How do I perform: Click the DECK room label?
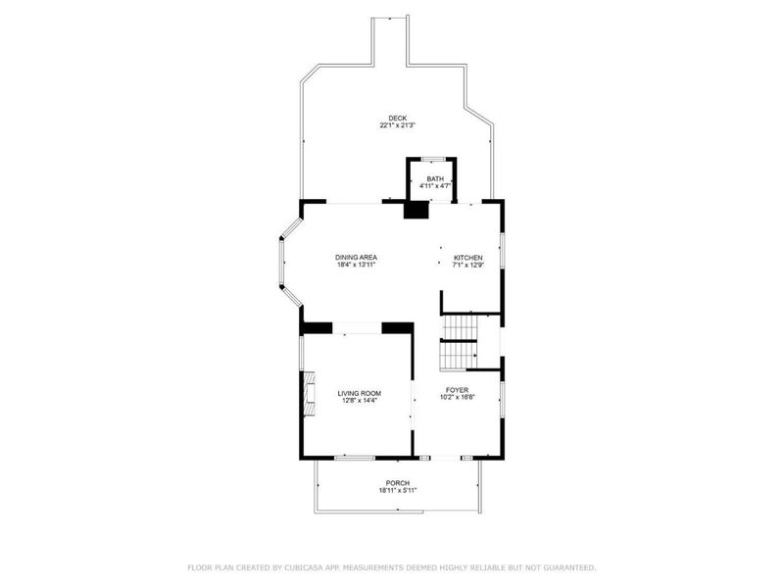pyautogui.click(x=398, y=119)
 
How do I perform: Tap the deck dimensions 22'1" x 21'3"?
pyautogui.click(x=398, y=125)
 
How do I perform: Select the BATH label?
pyautogui.click(x=435, y=179)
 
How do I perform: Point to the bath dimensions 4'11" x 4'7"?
pyautogui.click(x=435, y=186)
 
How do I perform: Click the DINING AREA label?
pyautogui.click(x=356, y=258)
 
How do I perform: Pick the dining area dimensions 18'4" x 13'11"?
pyautogui.click(x=356, y=265)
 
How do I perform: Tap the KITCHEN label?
pyautogui.click(x=468, y=258)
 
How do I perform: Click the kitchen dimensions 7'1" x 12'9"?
pyautogui.click(x=468, y=265)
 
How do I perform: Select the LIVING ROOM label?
pyautogui.click(x=359, y=394)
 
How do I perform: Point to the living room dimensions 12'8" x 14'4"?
pyautogui.click(x=359, y=400)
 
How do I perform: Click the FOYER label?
pyautogui.click(x=457, y=390)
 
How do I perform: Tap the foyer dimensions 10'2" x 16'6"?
pyautogui.click(x=457, y=397)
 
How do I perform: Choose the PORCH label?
pyautogui.click(x=398, y=483)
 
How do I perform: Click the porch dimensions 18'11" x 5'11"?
pyautogui.click(x=398, y=491)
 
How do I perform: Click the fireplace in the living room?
pyautogui.click(x=309, y=393)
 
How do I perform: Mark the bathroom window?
pyautogui.click(x=433, y=160)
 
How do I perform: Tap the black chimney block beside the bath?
pyautogui.click(x=416, y=210)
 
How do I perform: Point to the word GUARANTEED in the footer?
pyautogui.click(x=570, y=567)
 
